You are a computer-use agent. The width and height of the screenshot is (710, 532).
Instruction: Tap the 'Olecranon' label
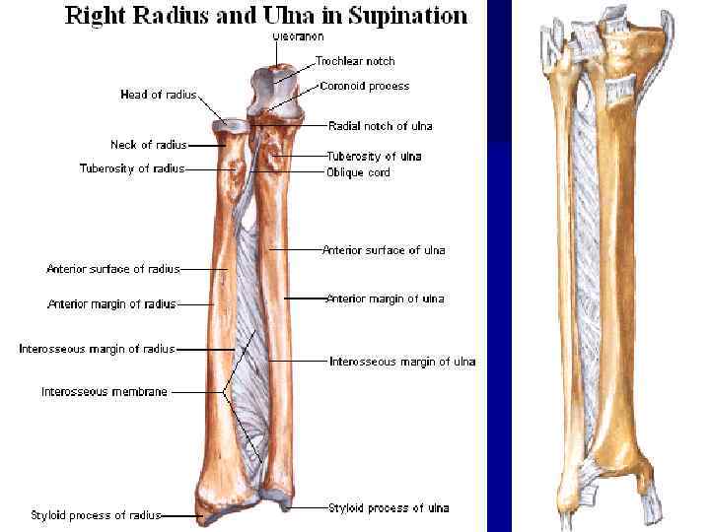click(x=295, y=36)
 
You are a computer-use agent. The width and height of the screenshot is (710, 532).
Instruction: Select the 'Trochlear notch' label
click(x=355, y=61)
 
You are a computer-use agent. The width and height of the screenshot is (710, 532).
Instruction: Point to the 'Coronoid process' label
click(x=365, y=87)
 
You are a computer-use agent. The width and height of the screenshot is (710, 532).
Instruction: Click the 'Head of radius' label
click(x=158, y=95)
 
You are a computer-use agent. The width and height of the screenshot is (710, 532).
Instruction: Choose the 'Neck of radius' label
click(x=148, y=145)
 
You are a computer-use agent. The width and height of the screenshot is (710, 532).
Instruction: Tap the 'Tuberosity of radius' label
click(x=132, y=168)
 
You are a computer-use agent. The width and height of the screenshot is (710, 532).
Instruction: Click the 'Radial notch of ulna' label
click(x=380, y=126)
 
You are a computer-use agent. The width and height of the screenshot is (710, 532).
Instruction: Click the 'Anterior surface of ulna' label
click(x=384, y=250)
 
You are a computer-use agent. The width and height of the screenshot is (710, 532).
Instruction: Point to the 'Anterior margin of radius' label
click(x=111, y=304)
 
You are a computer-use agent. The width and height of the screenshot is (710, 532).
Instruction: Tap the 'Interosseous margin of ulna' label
click(x=402, y=362)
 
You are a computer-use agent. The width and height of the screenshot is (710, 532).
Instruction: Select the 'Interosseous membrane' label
click(x=105, y=391)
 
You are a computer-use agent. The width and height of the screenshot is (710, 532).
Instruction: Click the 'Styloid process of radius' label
click(x=96, y=515)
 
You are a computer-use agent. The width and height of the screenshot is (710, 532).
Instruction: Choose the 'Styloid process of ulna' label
click(x=389, y=507)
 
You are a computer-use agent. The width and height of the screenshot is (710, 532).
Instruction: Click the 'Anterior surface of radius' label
click(x=112, y=269)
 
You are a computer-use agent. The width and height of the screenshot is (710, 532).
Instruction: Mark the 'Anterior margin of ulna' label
click(x=385, y=299)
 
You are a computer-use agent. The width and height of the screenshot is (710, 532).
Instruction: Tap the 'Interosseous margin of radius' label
click(x=97, y=349)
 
